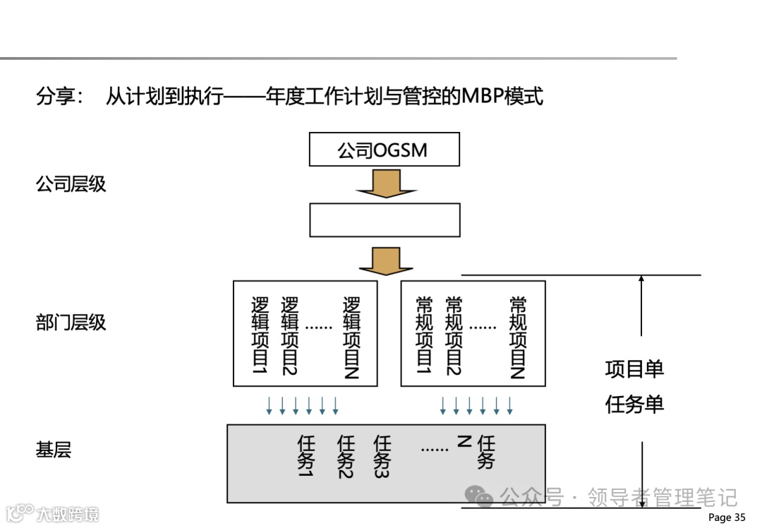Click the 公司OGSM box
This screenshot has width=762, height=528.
(x=385, y=150)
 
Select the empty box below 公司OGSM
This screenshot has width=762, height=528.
(x=385, y=220)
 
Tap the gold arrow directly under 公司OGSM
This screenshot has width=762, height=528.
(x=385, y=184)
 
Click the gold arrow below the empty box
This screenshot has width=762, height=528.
(x=385, y=260)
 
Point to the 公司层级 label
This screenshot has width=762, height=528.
(x=71, y=184)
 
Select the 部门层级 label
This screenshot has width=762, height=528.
(x=71, y=323)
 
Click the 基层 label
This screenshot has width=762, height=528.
(x=54, y=450)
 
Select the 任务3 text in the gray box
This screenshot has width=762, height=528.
(x=382, y=456)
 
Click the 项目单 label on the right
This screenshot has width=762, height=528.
(x=634, y=369)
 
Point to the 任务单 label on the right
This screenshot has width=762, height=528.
(x=634, y=404)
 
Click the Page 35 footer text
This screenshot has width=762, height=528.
(x=726, y=517)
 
